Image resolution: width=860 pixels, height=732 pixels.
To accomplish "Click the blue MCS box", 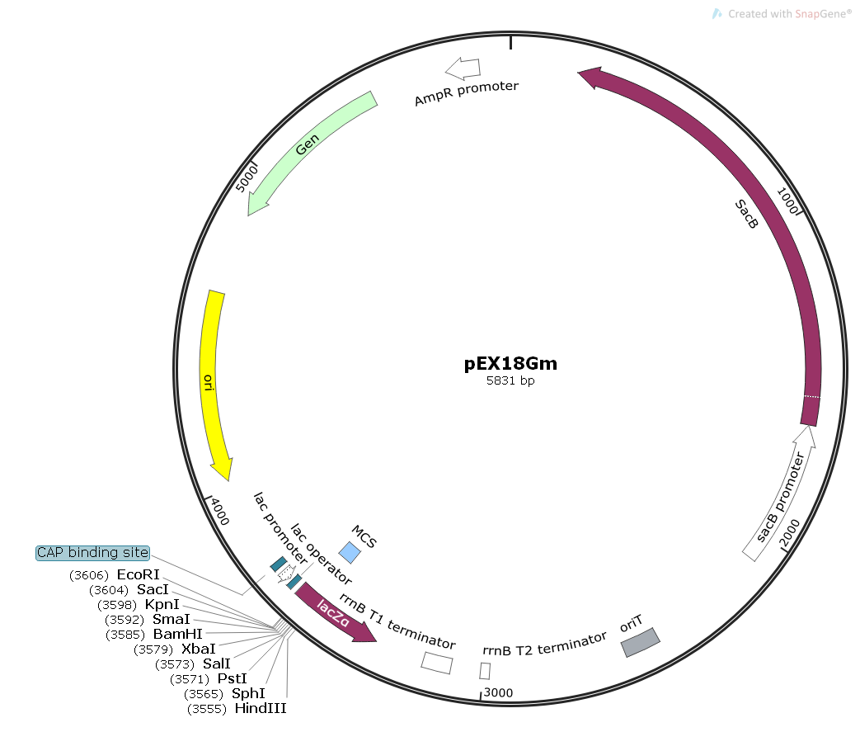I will (x=350, y=552).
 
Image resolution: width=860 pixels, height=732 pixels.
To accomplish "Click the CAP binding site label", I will (x=92, y=552).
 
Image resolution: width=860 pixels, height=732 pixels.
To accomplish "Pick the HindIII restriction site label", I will (x=261, y=708).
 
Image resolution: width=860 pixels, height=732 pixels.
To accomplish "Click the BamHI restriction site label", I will (x=177, y=634).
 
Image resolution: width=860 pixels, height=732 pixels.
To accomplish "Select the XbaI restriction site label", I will (x=198, y=649).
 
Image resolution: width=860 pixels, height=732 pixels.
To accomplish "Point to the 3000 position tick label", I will (x=498, y=692).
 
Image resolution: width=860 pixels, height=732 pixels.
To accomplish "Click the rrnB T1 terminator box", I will (x=437, y=663).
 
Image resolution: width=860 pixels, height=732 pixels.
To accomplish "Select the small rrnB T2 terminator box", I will (x=485, y=671).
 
